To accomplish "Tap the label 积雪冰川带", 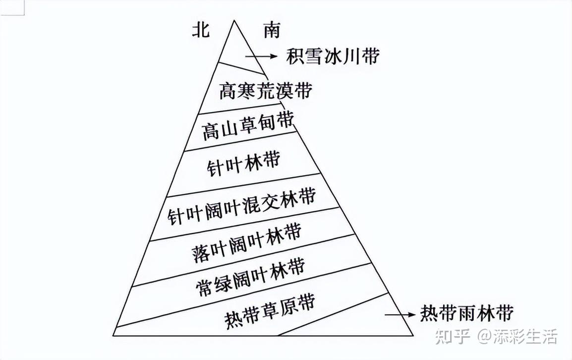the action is point(333,56).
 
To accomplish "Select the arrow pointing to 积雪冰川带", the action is point(261,56).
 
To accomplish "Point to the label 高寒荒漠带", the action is point(265,90).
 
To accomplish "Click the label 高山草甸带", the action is point(248,125).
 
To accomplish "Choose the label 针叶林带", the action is point(244,163).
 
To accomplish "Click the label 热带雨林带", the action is point(467,313).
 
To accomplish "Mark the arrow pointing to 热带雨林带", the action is point(400,315).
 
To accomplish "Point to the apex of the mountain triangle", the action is point(233,20).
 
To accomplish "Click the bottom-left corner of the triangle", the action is point(113,335).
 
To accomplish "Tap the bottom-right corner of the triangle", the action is point(413,335).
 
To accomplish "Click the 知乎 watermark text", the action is point(452,336).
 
